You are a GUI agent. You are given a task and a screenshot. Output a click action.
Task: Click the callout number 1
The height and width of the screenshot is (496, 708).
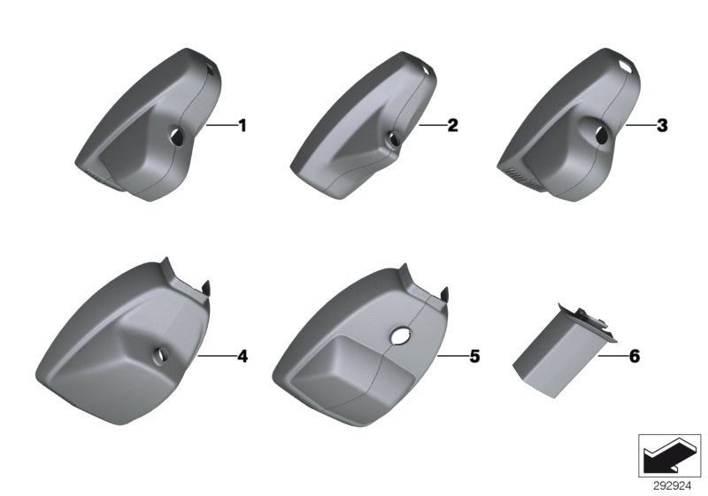[x=242, y=126]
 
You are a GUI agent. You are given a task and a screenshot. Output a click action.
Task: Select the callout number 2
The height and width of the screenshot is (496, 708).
[x=452, y=125]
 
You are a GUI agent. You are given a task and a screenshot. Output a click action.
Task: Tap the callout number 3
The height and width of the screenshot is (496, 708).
[x=662, y=125]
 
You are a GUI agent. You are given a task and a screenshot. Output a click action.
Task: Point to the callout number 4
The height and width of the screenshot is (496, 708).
[x=242, y=356]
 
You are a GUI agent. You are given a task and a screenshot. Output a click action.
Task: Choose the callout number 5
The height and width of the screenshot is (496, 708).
[x=474, y=356]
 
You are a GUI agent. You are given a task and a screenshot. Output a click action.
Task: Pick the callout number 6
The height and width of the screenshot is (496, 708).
[x=635, y=356]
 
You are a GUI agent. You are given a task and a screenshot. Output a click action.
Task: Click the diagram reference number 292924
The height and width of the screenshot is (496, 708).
[x=672, y=486]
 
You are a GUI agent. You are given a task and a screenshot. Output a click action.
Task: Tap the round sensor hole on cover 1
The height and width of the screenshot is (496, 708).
[x=176, y=136]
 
